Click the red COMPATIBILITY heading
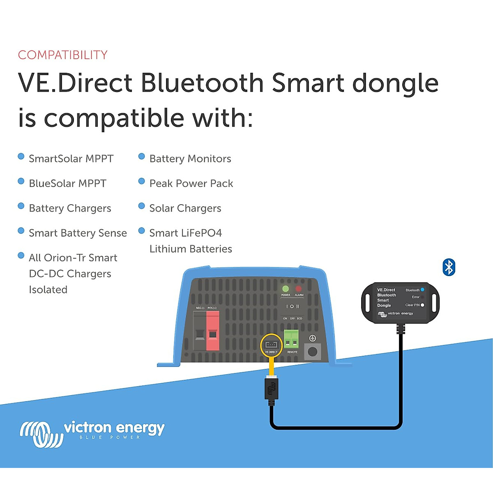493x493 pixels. [62, 55]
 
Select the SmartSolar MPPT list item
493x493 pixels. [71, 159]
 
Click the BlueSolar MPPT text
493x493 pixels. [67, 183]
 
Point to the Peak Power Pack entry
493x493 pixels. [191, 183]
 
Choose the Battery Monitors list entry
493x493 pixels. [190, 159]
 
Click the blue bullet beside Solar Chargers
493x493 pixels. [142, 206]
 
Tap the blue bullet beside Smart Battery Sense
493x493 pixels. [21, 230]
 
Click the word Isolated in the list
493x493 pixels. [48, 290]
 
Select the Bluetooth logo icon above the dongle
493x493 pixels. [449, 267]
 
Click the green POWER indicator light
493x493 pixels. [286, 289]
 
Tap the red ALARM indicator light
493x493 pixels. [299, 289]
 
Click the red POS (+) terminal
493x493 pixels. [212, 331]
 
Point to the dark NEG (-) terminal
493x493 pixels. [200, 331]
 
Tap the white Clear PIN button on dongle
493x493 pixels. [422, 305]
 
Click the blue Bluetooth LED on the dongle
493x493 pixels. [422, 290]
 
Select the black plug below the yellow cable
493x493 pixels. [271, 389]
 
